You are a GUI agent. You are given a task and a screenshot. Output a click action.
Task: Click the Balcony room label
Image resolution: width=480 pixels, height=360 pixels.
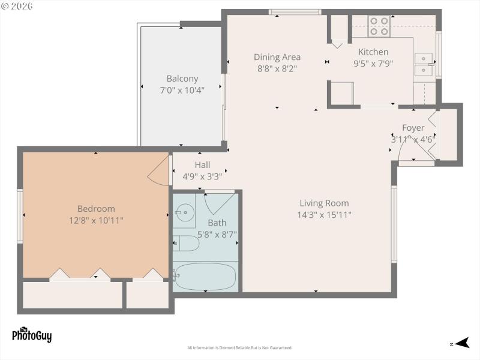click(x=182, y=79)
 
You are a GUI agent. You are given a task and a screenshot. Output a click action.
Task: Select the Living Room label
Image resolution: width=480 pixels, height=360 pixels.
click(x=324, y=203)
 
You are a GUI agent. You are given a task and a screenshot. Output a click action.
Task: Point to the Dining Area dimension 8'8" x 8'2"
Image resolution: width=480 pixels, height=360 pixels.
click(x=277, y=68)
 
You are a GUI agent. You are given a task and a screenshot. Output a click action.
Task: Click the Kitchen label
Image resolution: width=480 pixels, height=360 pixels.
click(x=373, y=52)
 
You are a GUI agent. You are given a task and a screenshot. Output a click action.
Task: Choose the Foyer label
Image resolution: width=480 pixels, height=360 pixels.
click(x=413, y=128)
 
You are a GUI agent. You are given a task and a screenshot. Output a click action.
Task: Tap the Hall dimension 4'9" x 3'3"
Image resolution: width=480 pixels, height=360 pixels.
click(x=202, y=176)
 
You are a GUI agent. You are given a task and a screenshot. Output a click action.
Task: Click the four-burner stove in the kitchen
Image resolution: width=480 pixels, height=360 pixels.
click(x=379, y=26)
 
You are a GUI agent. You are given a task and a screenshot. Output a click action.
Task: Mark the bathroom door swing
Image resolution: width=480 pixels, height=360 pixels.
click(x=216, y=203)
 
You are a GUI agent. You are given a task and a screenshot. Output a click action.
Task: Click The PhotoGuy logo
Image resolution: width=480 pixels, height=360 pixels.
click(x=32, y=334)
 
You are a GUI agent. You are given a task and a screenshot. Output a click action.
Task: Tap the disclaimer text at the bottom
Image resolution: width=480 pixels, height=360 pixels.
click(x=239, y=348)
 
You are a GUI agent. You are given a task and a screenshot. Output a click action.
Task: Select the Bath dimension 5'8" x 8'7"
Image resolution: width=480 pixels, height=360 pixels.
click(x=217, y=234)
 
